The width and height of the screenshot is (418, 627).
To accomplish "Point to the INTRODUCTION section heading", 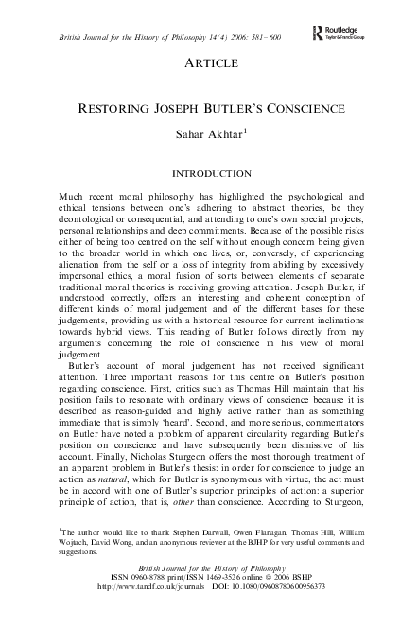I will click(209, 176).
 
